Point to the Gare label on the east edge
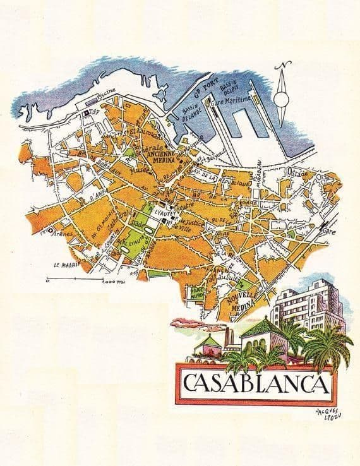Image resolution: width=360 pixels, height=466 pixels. (x=330, y=231)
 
